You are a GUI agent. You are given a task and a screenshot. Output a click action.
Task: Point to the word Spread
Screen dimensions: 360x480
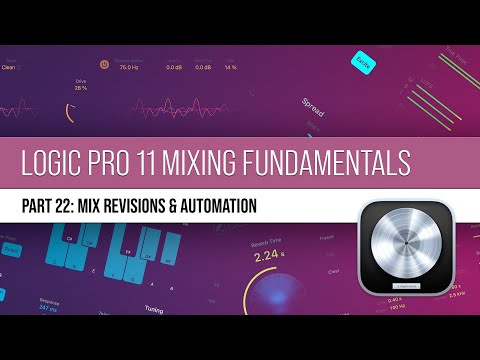click(x=313, y=101)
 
